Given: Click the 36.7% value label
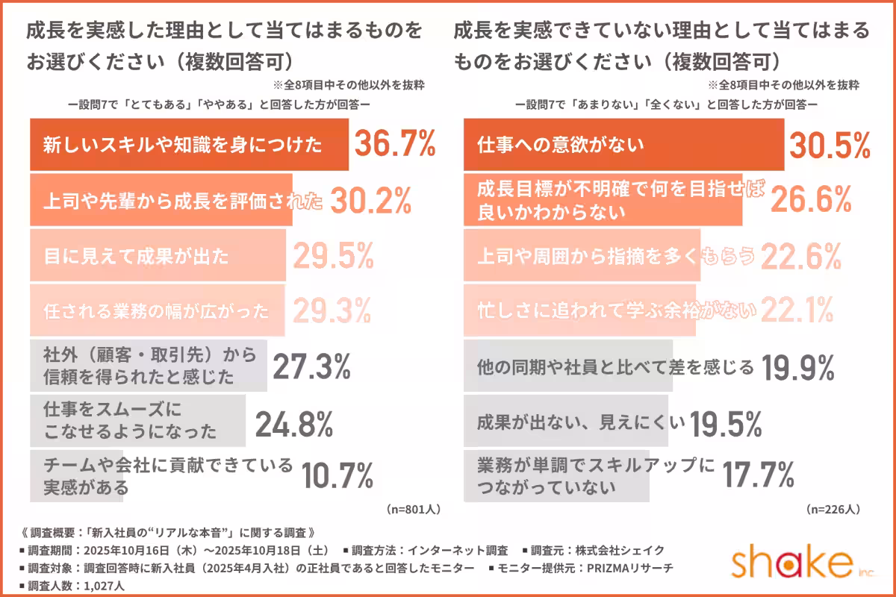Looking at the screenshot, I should tap(394, 144).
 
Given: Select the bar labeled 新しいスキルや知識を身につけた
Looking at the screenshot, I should tap(188, 145).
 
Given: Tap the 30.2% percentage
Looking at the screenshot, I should tap(370, 200).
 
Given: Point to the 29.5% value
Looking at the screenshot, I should tap(332, 256).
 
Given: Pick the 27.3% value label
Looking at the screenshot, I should tap(311, 366).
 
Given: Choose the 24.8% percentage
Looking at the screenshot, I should tap(293, 424).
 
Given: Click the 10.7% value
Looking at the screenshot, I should tap(337, 475).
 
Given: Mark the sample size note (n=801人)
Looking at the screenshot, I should tap(414, 510).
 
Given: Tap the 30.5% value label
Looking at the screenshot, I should tap(830, 145).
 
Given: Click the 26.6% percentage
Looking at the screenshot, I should tap(811, 200).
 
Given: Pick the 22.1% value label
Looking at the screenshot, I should tap(797, 310).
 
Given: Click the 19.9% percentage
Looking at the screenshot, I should tap(797, 366).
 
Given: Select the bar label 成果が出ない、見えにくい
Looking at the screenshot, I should tap(581, 423).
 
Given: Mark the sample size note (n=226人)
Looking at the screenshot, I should tap(834, 510).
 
